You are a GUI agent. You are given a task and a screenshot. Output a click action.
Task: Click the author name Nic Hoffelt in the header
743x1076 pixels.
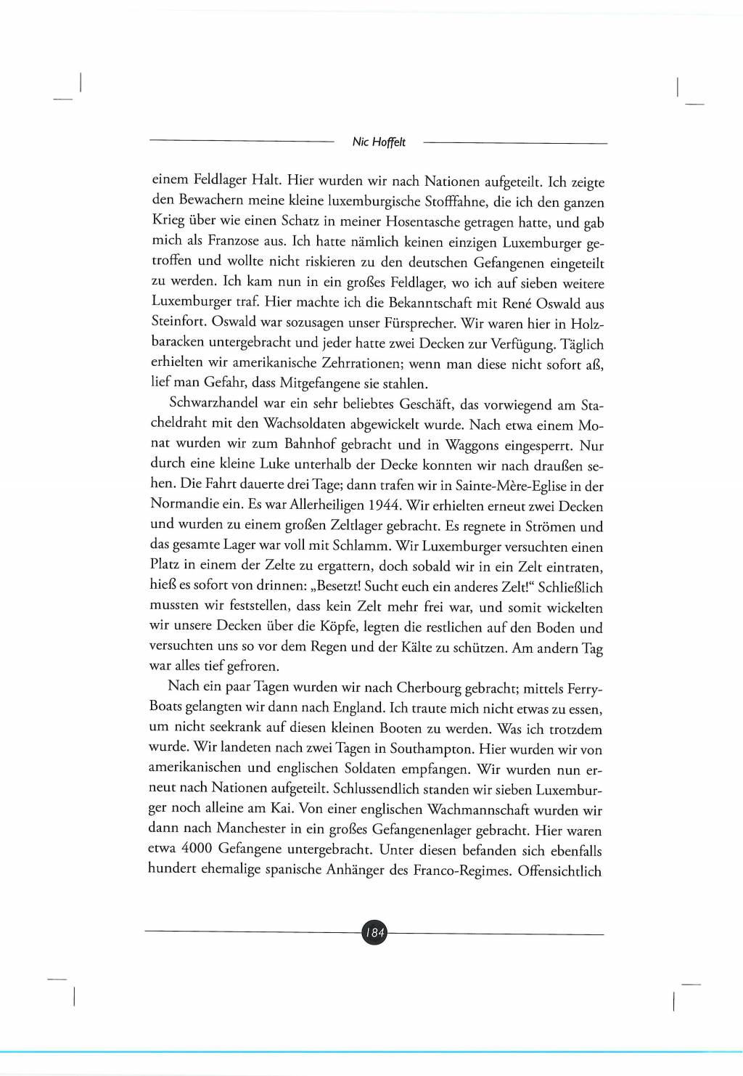[x=379, y=142]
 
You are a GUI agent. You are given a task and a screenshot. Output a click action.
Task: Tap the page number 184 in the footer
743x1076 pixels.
[x=374, y=932]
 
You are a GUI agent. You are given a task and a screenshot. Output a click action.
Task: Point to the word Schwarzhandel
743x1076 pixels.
[x=213, y=402]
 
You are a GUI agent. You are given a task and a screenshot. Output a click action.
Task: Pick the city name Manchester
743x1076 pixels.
[x=251, y=828]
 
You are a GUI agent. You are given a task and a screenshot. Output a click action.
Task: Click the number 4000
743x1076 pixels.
[x=197, y=848]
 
